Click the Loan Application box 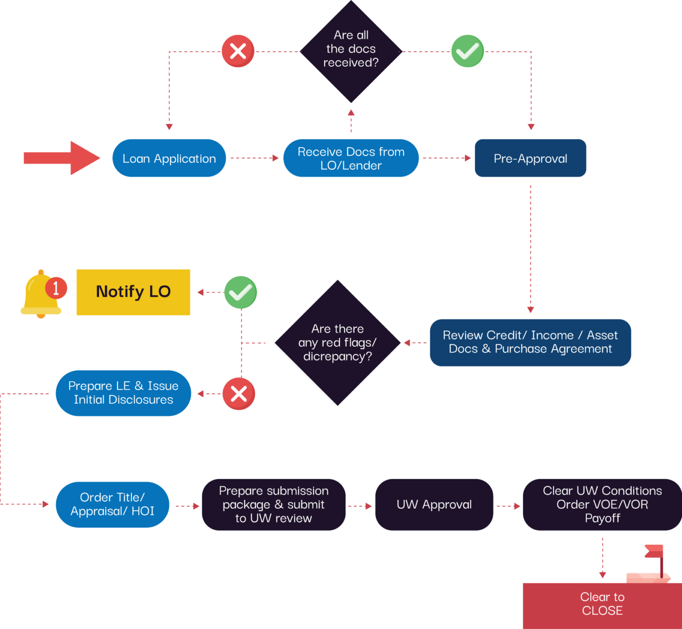(169, 158)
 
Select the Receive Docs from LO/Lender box (351, 158)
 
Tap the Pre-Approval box (530, 158)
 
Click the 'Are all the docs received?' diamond (351, 51)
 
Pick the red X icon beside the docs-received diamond (238, 51)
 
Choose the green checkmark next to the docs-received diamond (467, 51)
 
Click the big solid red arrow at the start (62, 158)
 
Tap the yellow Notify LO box (133, 292)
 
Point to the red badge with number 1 (56, 288)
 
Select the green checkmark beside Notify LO (240, 292)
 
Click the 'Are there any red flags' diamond (337, 342)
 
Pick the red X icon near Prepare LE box (238, 393)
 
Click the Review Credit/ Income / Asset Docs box (530, 342)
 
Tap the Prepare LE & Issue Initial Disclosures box (123, 393)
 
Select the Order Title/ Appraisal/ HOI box (112, 504)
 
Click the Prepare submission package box (274, 504)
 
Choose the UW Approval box (434, 504)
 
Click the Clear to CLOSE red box (602, 604)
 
